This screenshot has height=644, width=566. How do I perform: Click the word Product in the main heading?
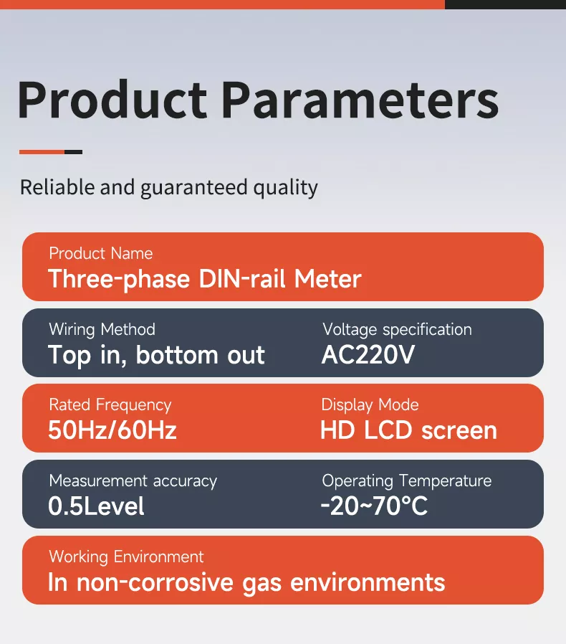click(x=112, y=100)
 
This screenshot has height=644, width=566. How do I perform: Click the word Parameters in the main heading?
click(x=360, y=100)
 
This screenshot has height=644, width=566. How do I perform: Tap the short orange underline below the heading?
click(x=42, y=152)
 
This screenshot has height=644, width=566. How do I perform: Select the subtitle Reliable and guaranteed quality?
click(x=168, y=188)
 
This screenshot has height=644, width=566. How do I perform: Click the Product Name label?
click(x=101, y=253)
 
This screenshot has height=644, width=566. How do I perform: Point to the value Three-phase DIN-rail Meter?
click(x=205, y=279)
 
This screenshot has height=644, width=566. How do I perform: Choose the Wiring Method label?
click(x=102, y=329)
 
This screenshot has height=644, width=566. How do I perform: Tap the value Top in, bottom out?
click(x=156, y=355)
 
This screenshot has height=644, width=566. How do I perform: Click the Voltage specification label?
click(x=398, y=329)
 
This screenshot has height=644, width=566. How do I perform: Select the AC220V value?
click(x=368, y=355)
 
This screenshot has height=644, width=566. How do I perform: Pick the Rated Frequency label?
click(x=110, y=405)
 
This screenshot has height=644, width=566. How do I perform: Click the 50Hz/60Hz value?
click(x=112, y=430)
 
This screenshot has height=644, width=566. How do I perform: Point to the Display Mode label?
click(x=370, y=405)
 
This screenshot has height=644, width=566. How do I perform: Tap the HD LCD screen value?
click(x=409, y=430)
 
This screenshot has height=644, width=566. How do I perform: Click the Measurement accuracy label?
click(x=133, y=481)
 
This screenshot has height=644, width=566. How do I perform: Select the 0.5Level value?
click(x=97, y=506)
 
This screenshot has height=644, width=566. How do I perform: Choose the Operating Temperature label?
click(x=407, y=481)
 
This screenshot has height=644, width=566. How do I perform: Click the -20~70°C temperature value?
click(x=374, y=506)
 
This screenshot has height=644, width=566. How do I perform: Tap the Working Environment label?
click(x=126, y=557)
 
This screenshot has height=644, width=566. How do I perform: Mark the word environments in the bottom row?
click(x=368, y=582)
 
